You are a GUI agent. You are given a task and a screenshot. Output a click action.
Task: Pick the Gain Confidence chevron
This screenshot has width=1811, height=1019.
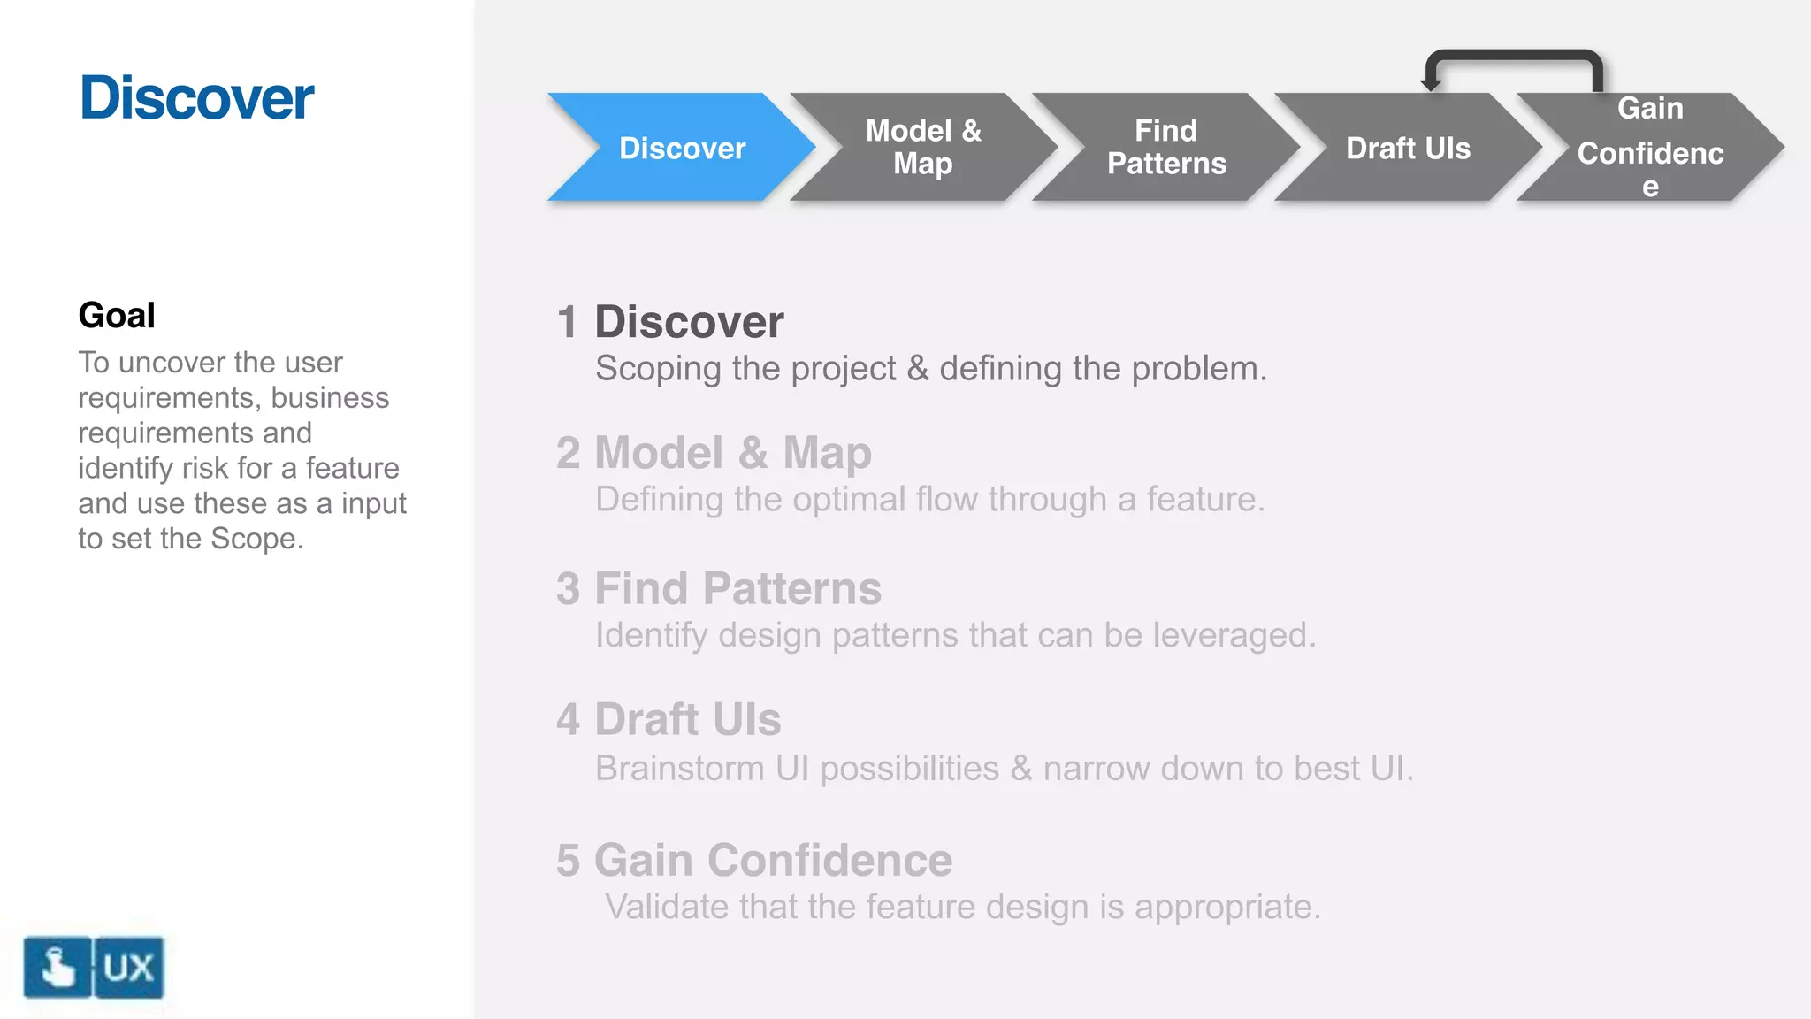click(1650, 148)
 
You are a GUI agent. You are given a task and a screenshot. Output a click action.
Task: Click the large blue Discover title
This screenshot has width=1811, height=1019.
click(196, 97)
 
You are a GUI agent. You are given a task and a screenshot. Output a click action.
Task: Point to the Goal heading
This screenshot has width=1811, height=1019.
click(117, 315)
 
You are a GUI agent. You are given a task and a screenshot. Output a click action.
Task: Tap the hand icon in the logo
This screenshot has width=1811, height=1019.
click(57, 968)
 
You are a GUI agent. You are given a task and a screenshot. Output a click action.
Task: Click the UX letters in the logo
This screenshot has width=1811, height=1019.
click(129, 968)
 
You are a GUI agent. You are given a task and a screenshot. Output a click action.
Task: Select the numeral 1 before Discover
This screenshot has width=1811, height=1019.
click(568, 322)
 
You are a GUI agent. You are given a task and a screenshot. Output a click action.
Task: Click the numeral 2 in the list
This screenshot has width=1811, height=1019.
click(568, 453)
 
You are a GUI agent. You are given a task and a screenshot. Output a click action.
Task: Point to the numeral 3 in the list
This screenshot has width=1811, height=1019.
click(568, 589)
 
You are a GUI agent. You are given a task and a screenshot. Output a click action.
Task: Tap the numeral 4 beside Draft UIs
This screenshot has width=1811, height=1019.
click(568, 720)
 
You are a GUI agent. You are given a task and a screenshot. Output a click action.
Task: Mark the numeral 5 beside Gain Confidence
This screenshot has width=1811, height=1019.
click(568, 861)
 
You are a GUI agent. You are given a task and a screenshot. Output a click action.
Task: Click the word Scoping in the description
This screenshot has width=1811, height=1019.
click(658, 369)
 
